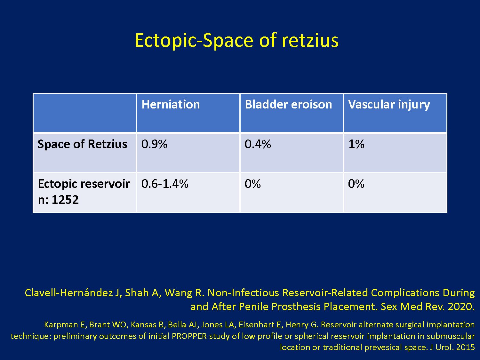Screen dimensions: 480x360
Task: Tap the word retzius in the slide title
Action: pos(310,40)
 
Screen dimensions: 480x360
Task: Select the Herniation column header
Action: pos(171,104)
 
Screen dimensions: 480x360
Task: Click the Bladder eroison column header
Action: pos(288,104)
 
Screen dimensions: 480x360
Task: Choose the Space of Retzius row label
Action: pos(83,144)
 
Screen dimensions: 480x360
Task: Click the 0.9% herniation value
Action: pos(154,144)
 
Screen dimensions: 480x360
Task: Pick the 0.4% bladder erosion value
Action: pos(258,144)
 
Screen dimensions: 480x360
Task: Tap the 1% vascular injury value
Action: pos(356,144)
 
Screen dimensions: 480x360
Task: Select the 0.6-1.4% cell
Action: pos(165,184)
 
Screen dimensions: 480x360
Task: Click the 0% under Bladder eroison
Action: pos(253,184)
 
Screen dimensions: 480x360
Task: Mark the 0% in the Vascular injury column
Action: pos(356,184)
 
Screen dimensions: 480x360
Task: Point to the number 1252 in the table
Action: pos(65,200)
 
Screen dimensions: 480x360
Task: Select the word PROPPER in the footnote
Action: pos(189,336)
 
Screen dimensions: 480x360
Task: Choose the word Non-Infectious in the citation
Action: pos(244,293)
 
